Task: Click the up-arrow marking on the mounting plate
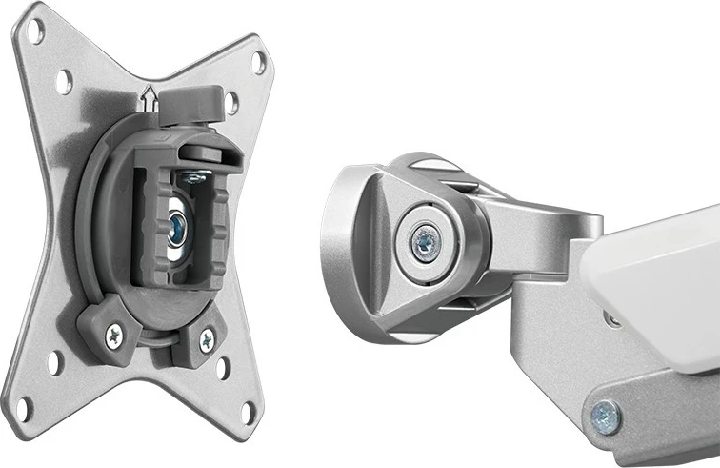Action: (149, 94)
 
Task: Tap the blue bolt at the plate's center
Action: (177, 228)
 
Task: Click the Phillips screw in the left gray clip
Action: (114, 333)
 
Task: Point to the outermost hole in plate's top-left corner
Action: (35, 28)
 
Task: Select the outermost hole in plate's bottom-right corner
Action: (249, 414)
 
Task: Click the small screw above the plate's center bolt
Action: (196, 176)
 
